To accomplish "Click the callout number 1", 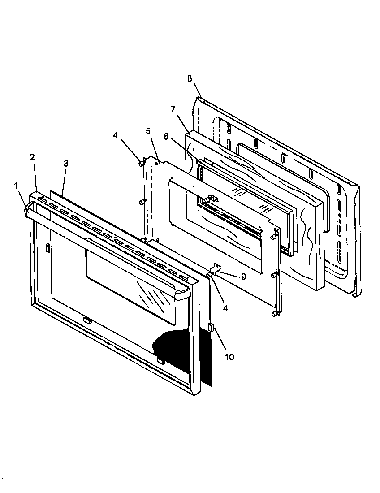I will coord(17,185).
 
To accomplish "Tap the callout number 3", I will coord(66,163).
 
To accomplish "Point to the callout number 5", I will coord(148,131).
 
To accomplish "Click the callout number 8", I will coord(190,78).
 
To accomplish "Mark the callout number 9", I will coord(243,277).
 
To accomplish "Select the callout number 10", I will coord(229,357).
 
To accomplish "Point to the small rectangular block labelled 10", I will coord(210,328).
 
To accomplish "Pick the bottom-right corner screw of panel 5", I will coord(274,314).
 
